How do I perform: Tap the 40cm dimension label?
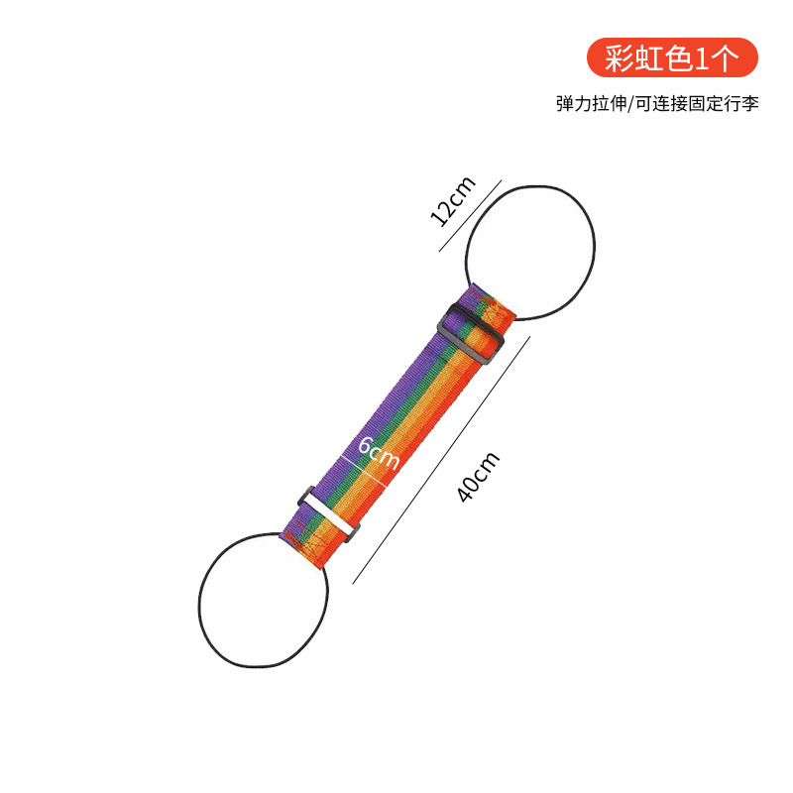coord(480,477)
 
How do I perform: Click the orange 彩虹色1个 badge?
coord(672,58)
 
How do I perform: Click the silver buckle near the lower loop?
coord(327,514)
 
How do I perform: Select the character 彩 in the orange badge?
coord(623,58)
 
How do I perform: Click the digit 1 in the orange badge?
coord(702,58)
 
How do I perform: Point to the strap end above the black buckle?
coord(494,302)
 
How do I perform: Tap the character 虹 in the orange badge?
coord(650,58)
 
